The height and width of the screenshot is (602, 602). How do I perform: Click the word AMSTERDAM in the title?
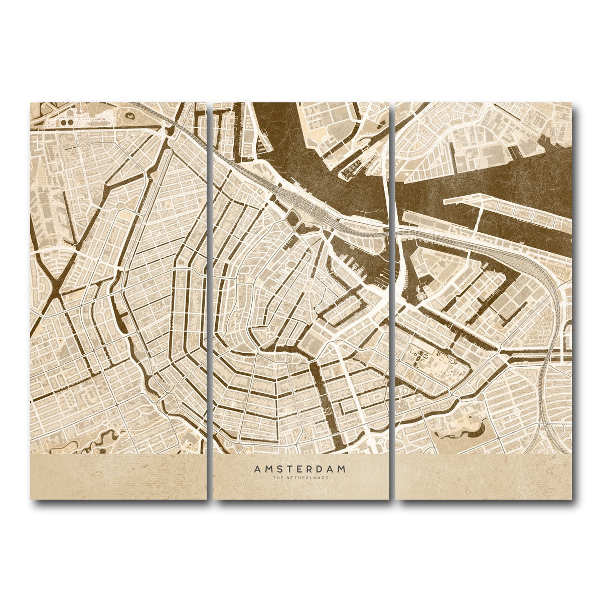(x=300, y=470)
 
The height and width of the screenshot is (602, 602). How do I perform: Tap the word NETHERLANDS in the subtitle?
(x=307, y=478)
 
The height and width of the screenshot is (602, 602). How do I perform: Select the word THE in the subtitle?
(x=277, y=478)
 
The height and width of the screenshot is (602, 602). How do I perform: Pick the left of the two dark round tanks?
(x=63, y=122)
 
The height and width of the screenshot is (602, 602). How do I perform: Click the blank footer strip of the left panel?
(x=118, y=477)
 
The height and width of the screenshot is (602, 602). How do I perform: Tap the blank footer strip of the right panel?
(x=484, y=477)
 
